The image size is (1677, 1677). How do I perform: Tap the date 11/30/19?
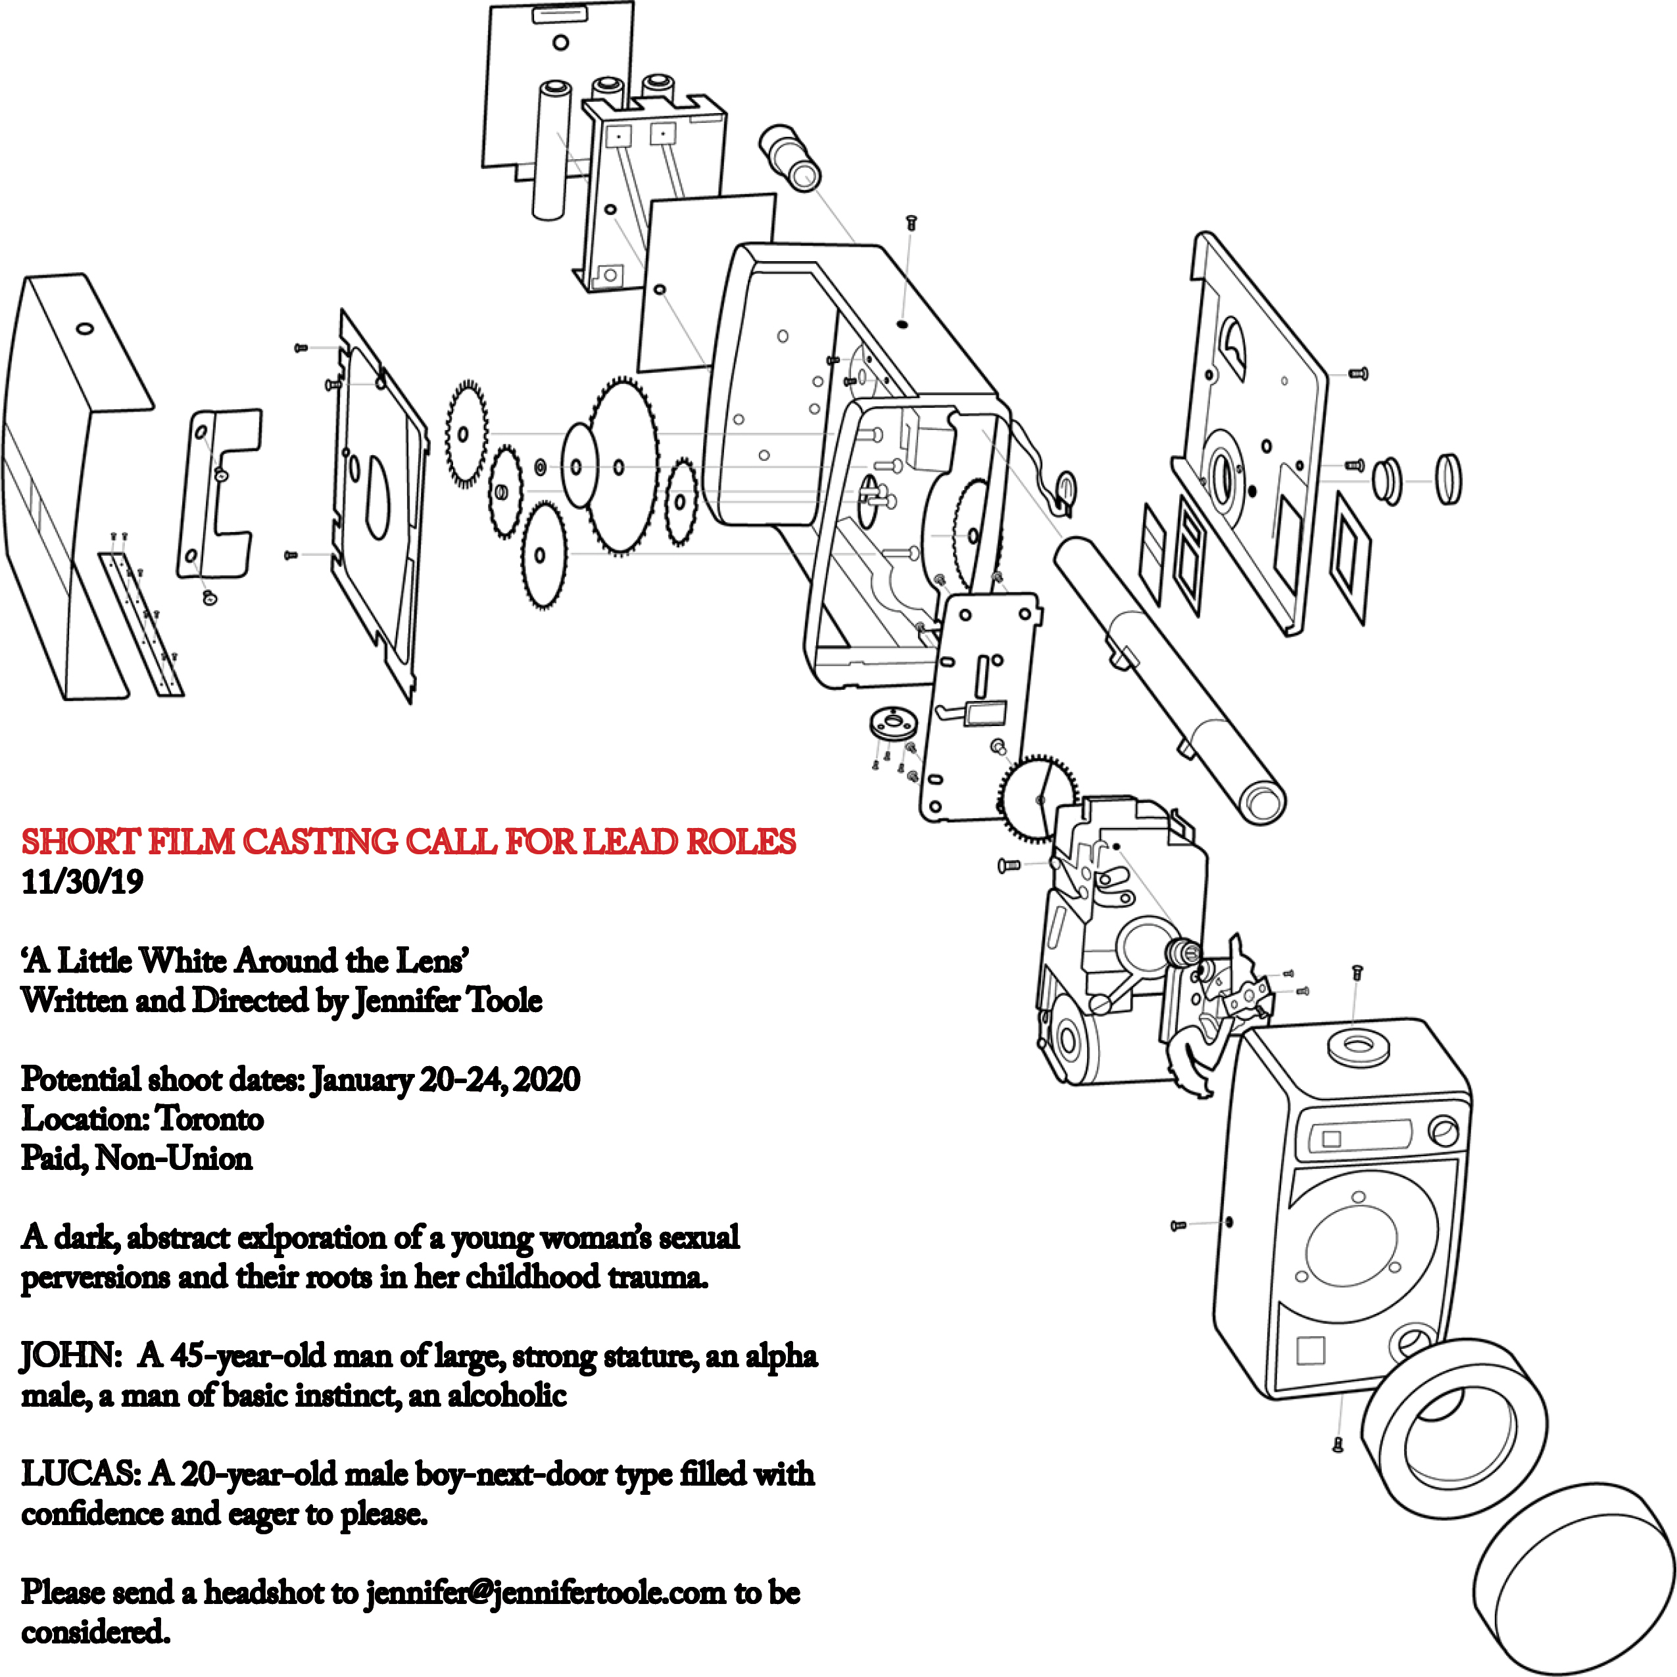click(x=82, y=882)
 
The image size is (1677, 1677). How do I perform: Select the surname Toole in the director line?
click(x=504, y=1001)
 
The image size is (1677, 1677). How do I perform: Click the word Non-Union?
click(x=174, y=1159)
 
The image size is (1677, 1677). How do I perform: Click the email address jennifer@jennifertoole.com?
click(x=545, y=1593)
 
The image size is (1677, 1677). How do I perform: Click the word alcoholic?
click(x=507, y=1396)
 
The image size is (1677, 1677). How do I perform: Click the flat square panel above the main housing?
click(x=705, y=282)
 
